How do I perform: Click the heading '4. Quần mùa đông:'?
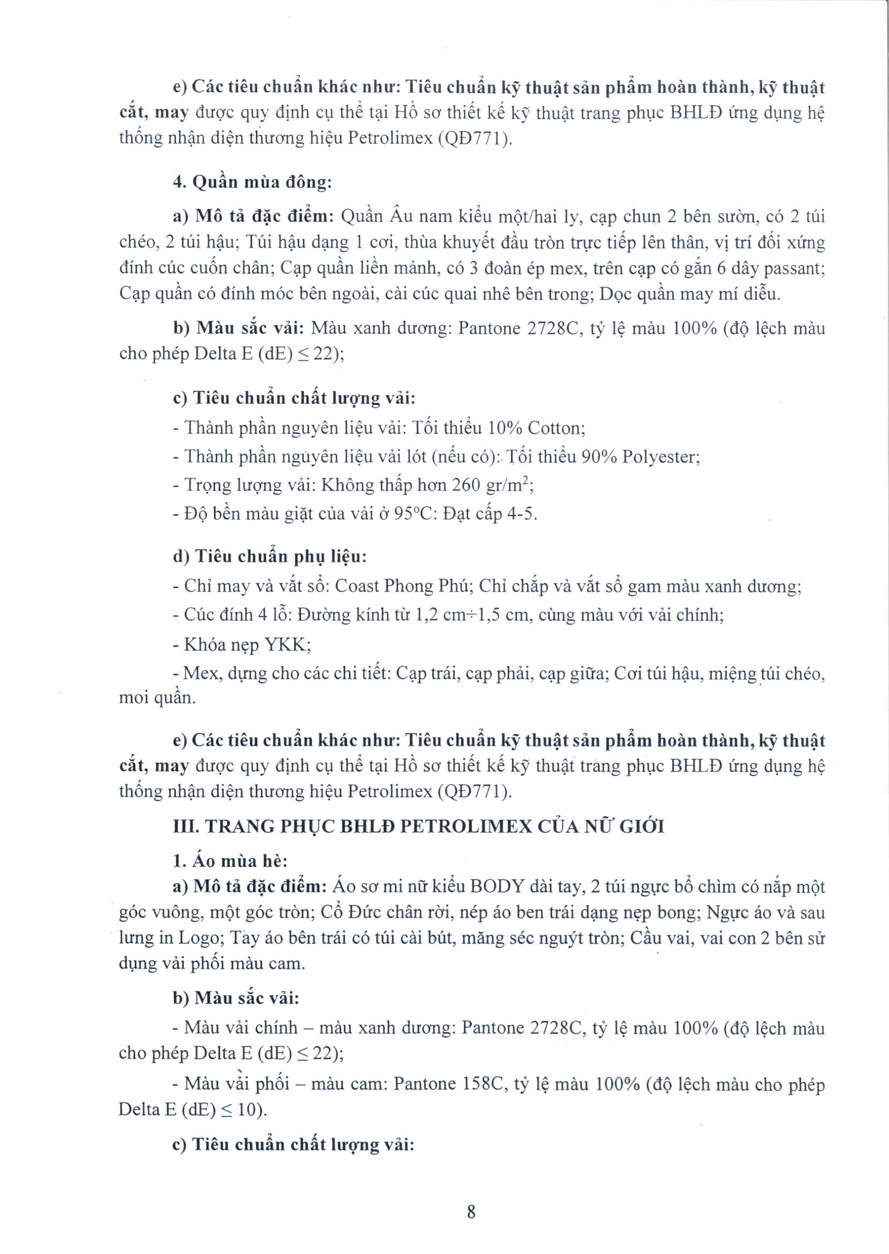point(252,183)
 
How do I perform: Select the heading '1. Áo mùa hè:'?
point(230,861)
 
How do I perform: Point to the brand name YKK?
point(287,645)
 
